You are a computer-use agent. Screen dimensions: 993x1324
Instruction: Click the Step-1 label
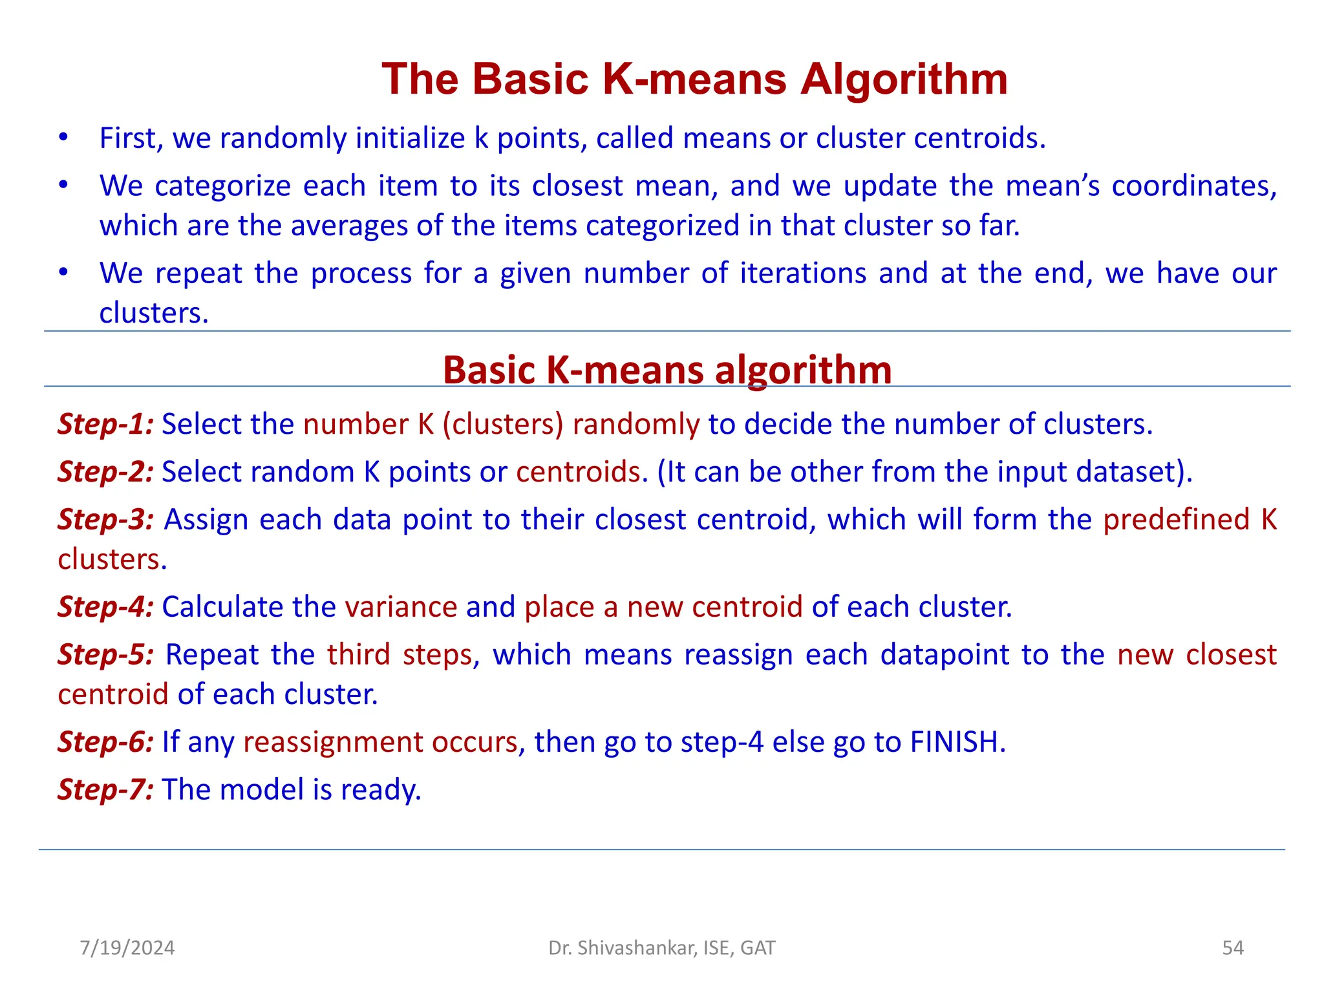pos(105,424)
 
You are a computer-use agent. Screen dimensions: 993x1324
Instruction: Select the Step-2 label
pos(105,472)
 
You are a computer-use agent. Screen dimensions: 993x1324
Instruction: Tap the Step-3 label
pos(105,520)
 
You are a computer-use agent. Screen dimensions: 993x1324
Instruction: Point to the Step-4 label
pos(105,607)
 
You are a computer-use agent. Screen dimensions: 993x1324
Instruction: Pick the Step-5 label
pos(105,655)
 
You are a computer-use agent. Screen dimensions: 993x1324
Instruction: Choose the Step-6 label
pos(105,742)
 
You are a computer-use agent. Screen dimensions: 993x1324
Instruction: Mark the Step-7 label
pos(105,790)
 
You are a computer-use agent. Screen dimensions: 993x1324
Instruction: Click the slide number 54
pos(1232,948)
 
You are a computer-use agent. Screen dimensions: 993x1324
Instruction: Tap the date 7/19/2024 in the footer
pos(127,948)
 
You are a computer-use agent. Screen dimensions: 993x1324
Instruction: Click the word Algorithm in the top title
pos(904,80)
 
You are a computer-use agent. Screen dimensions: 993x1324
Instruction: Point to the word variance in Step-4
pos(401,607)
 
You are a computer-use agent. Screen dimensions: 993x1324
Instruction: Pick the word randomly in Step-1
pos(635,425)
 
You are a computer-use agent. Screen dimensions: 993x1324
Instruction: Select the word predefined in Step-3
pos(1176,520)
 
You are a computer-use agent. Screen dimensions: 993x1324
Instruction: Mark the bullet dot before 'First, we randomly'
pos(63,137)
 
